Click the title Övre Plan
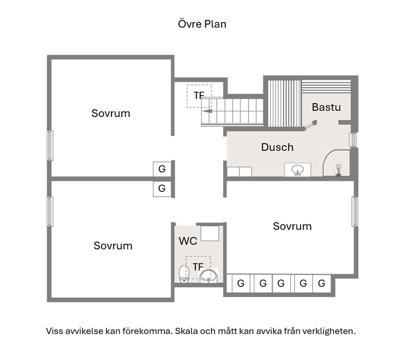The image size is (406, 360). pyautogui.click(x=202, y=24)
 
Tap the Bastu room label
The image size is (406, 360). pyautogui.click(x=326, y=107)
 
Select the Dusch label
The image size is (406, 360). pyautogui.click(x=277, y=147)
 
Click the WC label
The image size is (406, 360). pyautogui.click(x=188, y=241)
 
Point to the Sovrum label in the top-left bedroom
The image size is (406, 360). pyautogui.click(x=111, y=113)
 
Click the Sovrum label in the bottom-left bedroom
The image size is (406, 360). pyautogui.click(x=113, y=246)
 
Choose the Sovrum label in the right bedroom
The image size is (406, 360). pyautogui.click(x=292, y=226)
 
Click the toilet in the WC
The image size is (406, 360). pyautogui.click(x=184, y=274)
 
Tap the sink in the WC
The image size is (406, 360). pyautogui.click(x=209, y=276)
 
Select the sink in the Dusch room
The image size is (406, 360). pyautogui.click(x=298, y=170)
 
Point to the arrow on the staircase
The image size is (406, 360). pyautogui.click(x=207, y=111)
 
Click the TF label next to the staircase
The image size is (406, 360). pyautogui.click(x=199, y=96)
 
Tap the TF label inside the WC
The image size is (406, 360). pyautogui.click(x=198, y=267)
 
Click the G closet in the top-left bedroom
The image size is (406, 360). pyautogui.click(x=162, y=169)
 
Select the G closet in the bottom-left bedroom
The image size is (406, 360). pyautogui.click(x=162, y=189)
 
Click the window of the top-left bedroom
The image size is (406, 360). pyautogui.click(x=50, y=146)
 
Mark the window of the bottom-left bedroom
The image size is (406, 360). pyautogui.click(x=50, y=211)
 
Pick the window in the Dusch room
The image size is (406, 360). pyautogui.click(x=353, y=140)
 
